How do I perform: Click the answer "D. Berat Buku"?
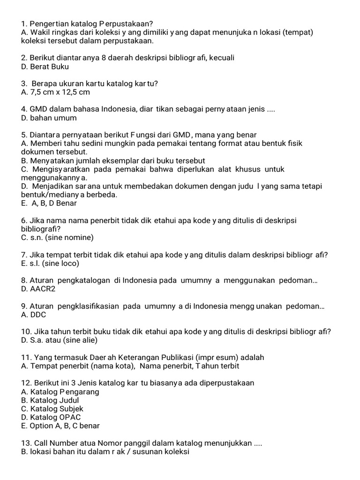pos(45,67)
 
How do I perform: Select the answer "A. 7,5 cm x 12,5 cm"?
pos(55,92)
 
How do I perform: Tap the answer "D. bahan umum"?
pos(49,118)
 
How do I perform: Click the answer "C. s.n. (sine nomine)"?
pos(58,238)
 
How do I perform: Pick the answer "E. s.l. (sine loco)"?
pos(50,263)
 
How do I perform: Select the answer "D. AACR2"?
pos(38,289)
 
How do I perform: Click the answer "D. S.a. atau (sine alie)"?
pos(60,340)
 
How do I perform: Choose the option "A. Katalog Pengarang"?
pos(60,392)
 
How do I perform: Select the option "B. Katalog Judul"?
pos(50,400)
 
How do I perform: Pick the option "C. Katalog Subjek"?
pos(52,409)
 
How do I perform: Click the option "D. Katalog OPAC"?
pos(51,417)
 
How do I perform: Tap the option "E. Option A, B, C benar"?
pos(60,426)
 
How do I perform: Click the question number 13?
pos(26,443)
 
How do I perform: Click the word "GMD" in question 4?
pos(38,109)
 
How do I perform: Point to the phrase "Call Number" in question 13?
pos(54,443)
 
